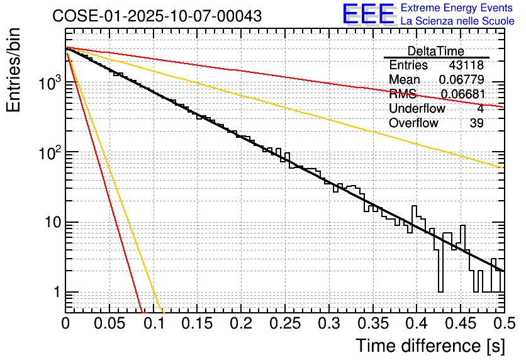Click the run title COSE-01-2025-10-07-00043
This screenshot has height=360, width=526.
157,16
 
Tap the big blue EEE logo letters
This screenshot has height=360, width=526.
368,15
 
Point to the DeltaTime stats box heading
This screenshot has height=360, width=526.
436,51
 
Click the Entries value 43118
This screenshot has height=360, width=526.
466,65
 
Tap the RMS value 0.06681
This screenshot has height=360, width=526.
462,94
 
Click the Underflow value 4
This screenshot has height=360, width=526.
480,109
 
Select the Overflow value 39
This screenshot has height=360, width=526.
477,123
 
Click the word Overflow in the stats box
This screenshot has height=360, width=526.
413,123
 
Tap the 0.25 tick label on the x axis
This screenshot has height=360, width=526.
284,324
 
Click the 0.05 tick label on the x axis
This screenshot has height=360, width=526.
109,324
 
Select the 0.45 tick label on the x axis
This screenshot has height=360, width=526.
460,324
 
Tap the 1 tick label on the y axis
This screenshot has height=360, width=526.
55,293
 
